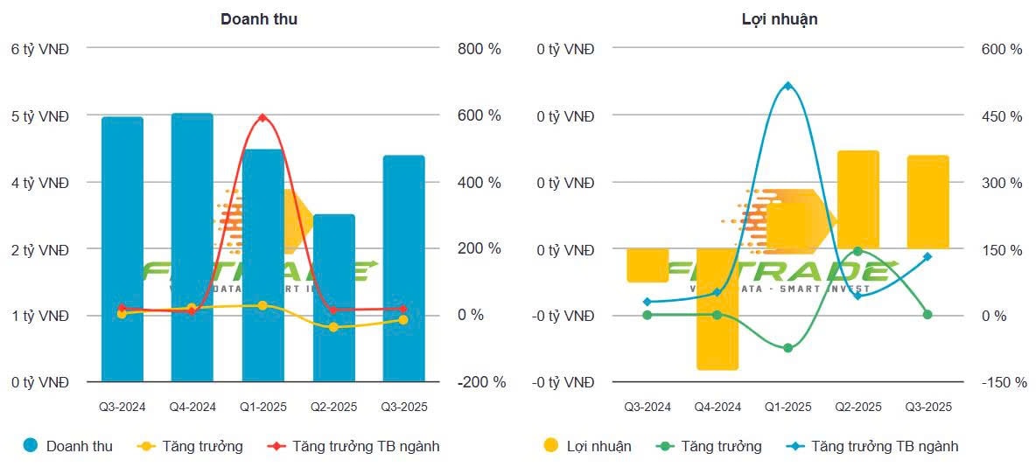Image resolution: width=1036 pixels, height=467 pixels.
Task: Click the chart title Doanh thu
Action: click(259, 18)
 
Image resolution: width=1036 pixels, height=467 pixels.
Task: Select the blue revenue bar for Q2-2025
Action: click(332, 297)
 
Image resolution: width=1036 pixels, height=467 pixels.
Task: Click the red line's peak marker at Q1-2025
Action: click(262, 117)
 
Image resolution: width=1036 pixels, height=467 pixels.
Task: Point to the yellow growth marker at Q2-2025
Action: click(332, 327)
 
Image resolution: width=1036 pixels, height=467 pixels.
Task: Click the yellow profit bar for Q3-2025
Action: click(927, 202)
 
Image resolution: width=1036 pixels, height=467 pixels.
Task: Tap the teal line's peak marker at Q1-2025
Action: click(787, 86)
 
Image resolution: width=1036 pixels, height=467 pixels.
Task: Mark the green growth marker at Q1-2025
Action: click(787, 348)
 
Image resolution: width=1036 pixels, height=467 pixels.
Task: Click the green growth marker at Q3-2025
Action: click(927, 315)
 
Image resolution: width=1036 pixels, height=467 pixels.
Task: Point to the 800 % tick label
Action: click(479, 49)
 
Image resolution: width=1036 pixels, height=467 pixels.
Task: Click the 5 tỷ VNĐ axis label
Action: click(40, 115)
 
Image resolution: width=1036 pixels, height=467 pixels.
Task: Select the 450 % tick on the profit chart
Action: click(1001, 116)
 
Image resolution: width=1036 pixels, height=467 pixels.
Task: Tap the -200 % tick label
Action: click(481, 382)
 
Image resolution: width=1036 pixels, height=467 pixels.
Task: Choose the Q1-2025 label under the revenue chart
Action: click(262, 407)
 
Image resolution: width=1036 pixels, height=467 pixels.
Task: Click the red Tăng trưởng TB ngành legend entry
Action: click(356, 446)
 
